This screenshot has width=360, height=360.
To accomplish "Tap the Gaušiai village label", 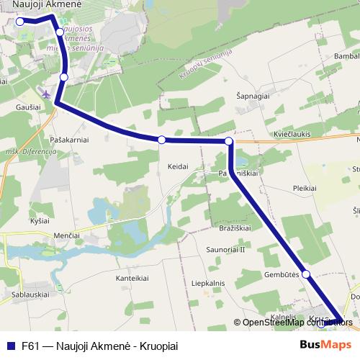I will tap(27, 106).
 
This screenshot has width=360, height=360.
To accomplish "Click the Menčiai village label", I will tap(58, 235).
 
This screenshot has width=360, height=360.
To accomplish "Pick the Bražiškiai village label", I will tap(234, 228).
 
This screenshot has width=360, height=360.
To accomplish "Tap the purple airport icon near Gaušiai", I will tap(48, 94).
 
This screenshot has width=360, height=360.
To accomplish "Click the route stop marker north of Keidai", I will tap(162, 140).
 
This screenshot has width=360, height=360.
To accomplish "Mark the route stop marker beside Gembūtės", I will tap(306, 274).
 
